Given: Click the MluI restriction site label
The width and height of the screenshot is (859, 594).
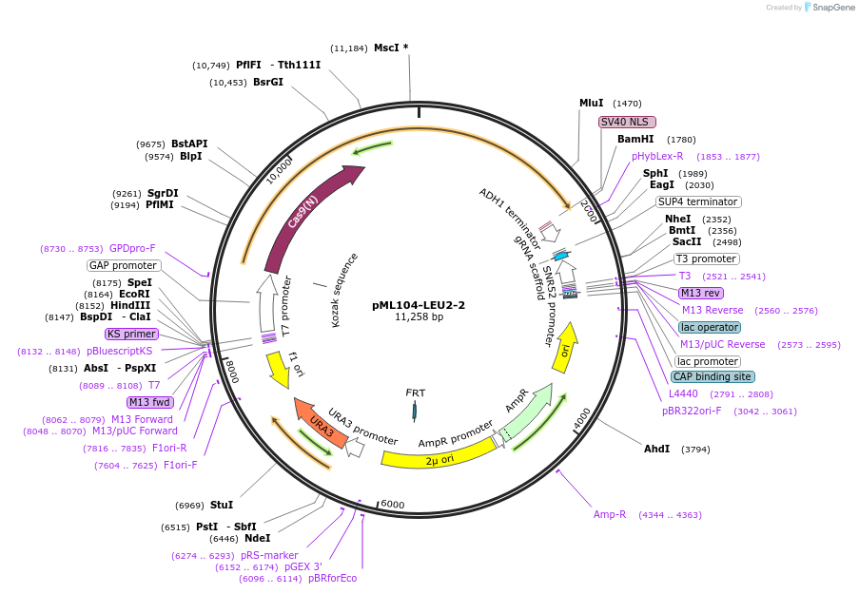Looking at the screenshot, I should (591, 103).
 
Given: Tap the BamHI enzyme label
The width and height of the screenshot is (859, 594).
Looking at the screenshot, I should (635, 139).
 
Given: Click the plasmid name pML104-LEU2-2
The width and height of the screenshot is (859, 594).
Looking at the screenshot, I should (419, 305).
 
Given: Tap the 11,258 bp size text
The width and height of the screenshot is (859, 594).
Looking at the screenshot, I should (419, 317).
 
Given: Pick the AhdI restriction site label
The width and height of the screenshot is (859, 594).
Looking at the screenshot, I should (657, 449).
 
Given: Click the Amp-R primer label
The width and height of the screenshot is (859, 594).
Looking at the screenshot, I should (610, 514).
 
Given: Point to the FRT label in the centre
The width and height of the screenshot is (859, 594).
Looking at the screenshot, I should (416, 393).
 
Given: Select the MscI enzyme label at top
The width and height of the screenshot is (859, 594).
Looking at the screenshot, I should (386, 48).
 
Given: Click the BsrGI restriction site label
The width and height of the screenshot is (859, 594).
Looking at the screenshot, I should (268, 83).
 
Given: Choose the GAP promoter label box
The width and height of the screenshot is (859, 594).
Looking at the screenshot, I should (123, 265).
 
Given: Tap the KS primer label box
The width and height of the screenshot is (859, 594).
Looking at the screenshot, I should (131, 334).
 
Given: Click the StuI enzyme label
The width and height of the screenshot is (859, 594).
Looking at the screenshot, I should (222, 505).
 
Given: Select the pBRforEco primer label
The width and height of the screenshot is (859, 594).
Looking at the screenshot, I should (332, 578).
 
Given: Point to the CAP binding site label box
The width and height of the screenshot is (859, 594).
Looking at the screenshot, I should (713, 376).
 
